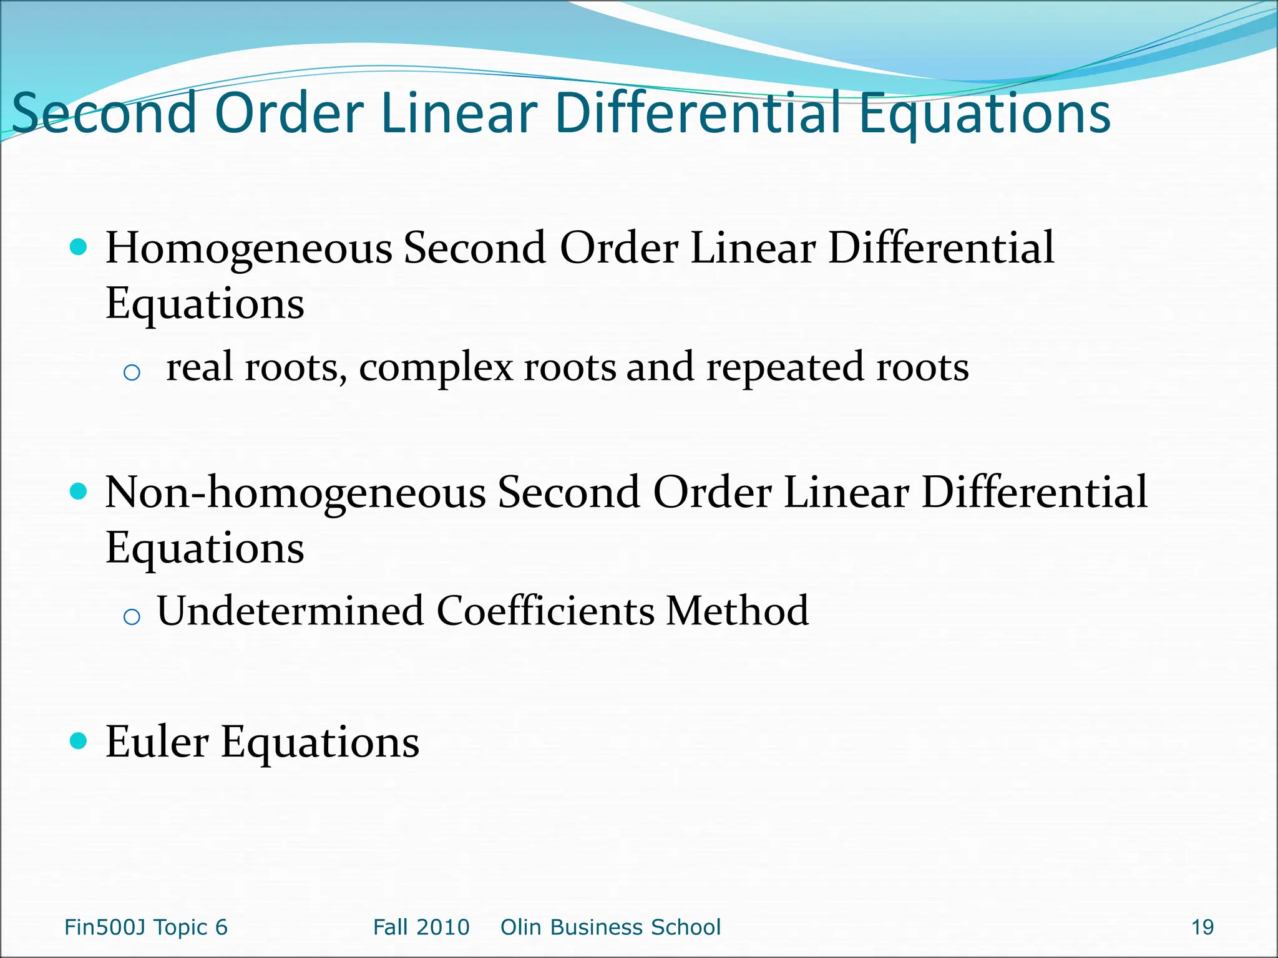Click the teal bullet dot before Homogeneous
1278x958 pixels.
point(78,248)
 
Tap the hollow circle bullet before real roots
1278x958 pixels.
point(132,373)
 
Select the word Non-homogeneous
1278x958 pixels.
point(295,493)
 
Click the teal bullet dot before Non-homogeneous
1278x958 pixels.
point(78,492)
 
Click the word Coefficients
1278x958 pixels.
point(545,611)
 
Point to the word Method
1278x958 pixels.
point(737,611)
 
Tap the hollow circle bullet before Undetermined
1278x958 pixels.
point(132,617)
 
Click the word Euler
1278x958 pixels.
point(157,743)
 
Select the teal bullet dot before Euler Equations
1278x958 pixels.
point(78,741)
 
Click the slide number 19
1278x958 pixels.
point(1202,927)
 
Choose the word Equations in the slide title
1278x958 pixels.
point(985,114)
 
